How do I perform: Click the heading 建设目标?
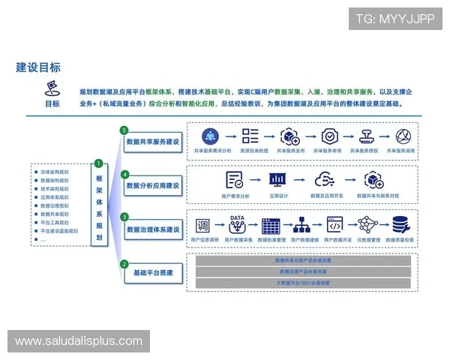click(39, 67)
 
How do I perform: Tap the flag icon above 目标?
click(52, 88)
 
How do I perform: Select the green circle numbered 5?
click(124, 130)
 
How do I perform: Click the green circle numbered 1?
click(98, 164)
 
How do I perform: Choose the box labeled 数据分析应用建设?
click(153, 184)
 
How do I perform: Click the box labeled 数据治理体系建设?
click(153, 229)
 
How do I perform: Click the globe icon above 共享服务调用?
click(404, 136)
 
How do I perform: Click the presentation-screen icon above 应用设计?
click(278, 181)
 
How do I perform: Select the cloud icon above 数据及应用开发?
click(325, 181)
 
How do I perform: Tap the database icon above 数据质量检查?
click(400, 225)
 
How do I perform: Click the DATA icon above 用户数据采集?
click(238, 223)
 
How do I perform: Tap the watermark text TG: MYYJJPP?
click(395, 19)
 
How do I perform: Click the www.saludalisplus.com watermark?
click(78, 341)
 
